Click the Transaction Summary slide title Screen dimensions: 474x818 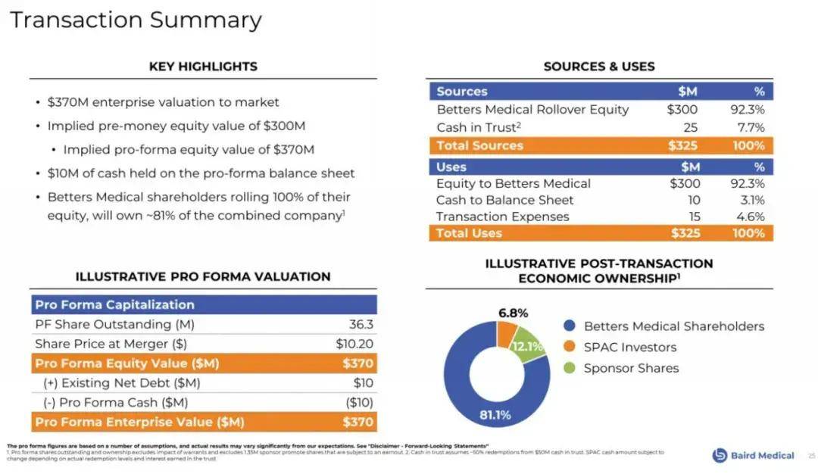[x=136, y=20]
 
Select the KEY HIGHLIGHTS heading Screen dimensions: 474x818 [x=203, y=66]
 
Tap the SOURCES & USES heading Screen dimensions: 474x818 [x=599, y=66]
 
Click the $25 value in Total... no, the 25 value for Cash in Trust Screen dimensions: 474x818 [x=689, y=127]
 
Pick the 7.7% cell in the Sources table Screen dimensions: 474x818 [x=750, y=127]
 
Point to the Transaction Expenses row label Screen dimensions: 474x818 [x=502, y=217]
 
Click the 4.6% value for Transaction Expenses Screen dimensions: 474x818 [x=750, y=217]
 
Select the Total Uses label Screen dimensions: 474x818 [x=469, y=233]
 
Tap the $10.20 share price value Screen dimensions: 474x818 [x=354, y=344]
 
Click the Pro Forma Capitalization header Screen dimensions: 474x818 [x=114, y=304]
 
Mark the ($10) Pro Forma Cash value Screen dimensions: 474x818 [x=359, y=403]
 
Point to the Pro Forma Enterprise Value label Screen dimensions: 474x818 [x=139, y=422]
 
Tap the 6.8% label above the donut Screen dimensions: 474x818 [x=513, y=313]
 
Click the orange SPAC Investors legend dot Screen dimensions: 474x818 [x=570, y=347]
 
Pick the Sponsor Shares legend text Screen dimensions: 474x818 [x=631, y=368]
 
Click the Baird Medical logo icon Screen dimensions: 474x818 [x=720, y=455]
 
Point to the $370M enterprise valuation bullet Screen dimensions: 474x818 [x=163, y=102]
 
